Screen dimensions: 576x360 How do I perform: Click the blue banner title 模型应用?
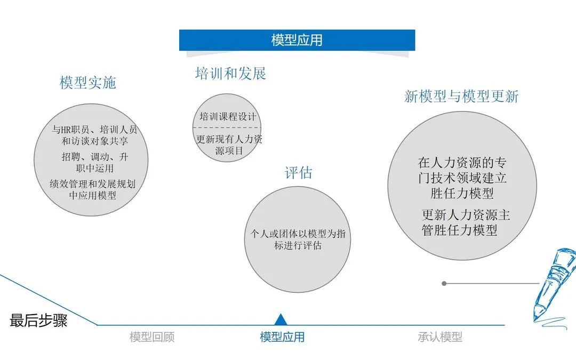coord(297,40)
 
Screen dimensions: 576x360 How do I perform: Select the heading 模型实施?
coord(88,83)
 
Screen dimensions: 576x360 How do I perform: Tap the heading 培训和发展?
coord(230,74)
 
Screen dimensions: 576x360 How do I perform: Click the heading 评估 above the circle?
coord(298,173)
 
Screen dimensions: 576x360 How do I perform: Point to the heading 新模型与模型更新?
coord(461,96)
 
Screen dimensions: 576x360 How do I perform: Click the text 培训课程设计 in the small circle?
coord(228,117)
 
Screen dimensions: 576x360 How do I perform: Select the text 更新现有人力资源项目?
coord(229,145)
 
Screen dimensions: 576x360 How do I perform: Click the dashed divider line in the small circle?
coord(227,127)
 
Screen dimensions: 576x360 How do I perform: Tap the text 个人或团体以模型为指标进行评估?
coord(298,239)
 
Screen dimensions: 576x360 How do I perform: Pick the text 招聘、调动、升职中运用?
coord(95,163)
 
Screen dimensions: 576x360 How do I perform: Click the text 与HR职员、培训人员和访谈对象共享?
coord(94,135)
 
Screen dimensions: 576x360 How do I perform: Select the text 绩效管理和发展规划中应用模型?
coord(93,189)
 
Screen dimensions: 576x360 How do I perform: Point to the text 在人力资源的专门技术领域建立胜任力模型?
coord(462,178)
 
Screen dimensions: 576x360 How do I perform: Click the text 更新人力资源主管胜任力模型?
coord(466,222)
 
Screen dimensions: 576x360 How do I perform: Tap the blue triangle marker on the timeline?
coord(281,319)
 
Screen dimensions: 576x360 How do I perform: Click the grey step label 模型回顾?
coord(152,337)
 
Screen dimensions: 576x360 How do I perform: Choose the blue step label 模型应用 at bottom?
coord(282,337)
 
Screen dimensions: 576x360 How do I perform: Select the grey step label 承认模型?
coord(439,337)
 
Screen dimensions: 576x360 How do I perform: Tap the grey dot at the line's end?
coord(444,283)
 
